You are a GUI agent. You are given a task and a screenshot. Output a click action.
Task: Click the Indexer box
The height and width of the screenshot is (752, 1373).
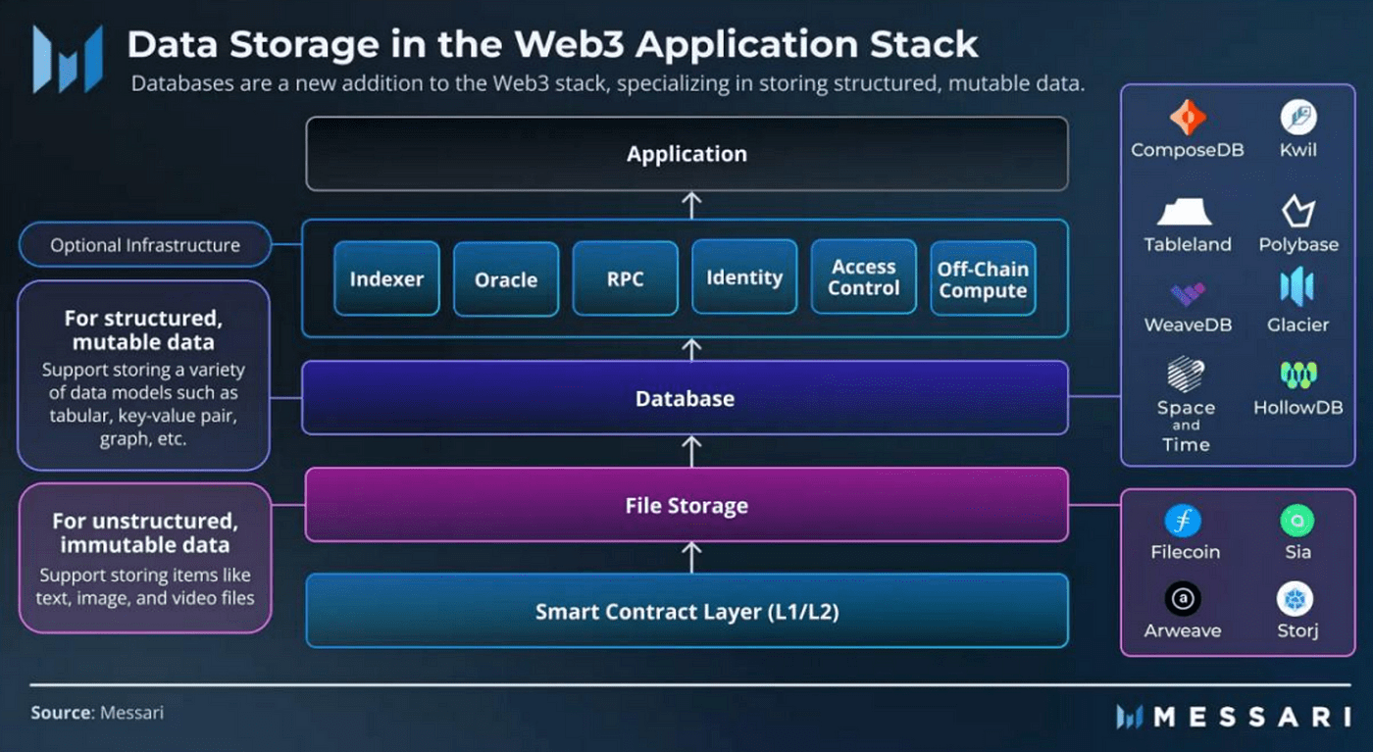pyautogui.click(x=386, y=278)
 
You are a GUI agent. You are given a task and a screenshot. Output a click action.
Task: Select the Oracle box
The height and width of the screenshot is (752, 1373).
pyautogui.click(x=506, y=279)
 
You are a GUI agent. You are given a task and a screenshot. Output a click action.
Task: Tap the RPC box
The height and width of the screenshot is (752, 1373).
pyautogui.click(x=626, y=278)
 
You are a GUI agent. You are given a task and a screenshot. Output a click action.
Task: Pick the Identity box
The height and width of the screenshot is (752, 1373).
pyautogui.click(x=744, y=277)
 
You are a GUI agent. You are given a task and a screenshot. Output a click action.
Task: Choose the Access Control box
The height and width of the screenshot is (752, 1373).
pyautogui.click(x=864, y=277)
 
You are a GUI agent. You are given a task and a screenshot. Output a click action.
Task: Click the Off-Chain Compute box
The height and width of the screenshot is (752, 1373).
pyautogui.click(x=983, y=278)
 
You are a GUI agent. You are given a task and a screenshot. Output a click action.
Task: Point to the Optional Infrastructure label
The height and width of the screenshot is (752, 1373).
pyautogui.click(x=145, y=244)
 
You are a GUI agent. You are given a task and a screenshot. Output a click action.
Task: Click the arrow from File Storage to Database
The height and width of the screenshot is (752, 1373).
pyautogui.click(x=691, y=452)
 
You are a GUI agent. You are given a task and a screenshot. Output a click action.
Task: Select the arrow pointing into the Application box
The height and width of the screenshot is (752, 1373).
pyautogui.click(x=691, y=206)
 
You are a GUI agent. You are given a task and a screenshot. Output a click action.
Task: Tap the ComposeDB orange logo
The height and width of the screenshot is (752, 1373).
pyautogui.click(x=1188, y=117)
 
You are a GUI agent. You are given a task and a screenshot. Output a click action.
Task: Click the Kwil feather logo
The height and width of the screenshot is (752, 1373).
pyautogui.click(x=1298, y=117)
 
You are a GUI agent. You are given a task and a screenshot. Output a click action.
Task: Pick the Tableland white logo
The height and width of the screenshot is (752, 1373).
pyautogui.click(x=1185, y=212)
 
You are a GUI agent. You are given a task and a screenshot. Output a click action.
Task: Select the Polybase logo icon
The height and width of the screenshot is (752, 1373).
pyautogui.click(x=1298, y=211)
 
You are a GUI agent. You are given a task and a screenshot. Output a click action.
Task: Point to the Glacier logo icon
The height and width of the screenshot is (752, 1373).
pyautogui.click(x=1297, y=286)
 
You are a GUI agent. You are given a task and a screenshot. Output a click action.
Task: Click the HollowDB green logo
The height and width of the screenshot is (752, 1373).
pyautogui.click(x=1298, y=375)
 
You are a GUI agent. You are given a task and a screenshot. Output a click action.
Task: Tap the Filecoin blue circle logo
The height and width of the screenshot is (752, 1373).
pyautogui.click(x=1183, y=521)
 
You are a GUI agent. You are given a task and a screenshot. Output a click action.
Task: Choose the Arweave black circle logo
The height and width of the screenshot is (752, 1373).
pyautogui.click(x=1183, y=599)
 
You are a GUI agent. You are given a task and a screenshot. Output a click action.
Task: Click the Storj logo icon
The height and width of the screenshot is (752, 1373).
pyautogui.click(x=1295, y=599)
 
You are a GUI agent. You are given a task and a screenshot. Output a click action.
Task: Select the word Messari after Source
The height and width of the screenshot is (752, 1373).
pyautogui.click(x=131, y=713)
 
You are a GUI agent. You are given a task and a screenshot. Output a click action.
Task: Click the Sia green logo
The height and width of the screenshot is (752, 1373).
pyautogui.click(x=1297, y=521)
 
